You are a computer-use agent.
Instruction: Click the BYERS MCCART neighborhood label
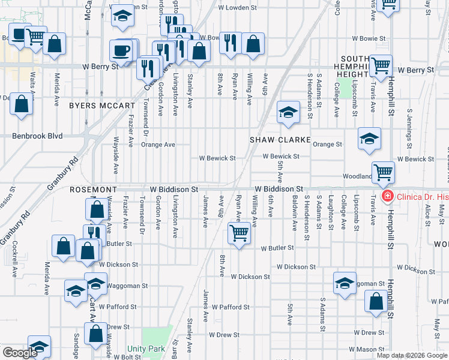102,106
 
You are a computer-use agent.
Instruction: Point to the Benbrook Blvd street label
37,136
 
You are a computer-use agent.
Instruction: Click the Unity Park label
146,349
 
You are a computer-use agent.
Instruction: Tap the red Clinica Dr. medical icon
387,196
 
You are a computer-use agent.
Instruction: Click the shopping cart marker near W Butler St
240,232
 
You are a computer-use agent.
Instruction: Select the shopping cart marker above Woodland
383,172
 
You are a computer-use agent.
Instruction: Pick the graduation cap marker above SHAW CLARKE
288,112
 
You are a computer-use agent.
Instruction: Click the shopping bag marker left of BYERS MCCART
22,104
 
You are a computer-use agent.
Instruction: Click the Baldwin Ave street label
295,217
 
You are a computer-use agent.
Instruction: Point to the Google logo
20,353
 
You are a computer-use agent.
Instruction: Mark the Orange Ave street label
158,145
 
